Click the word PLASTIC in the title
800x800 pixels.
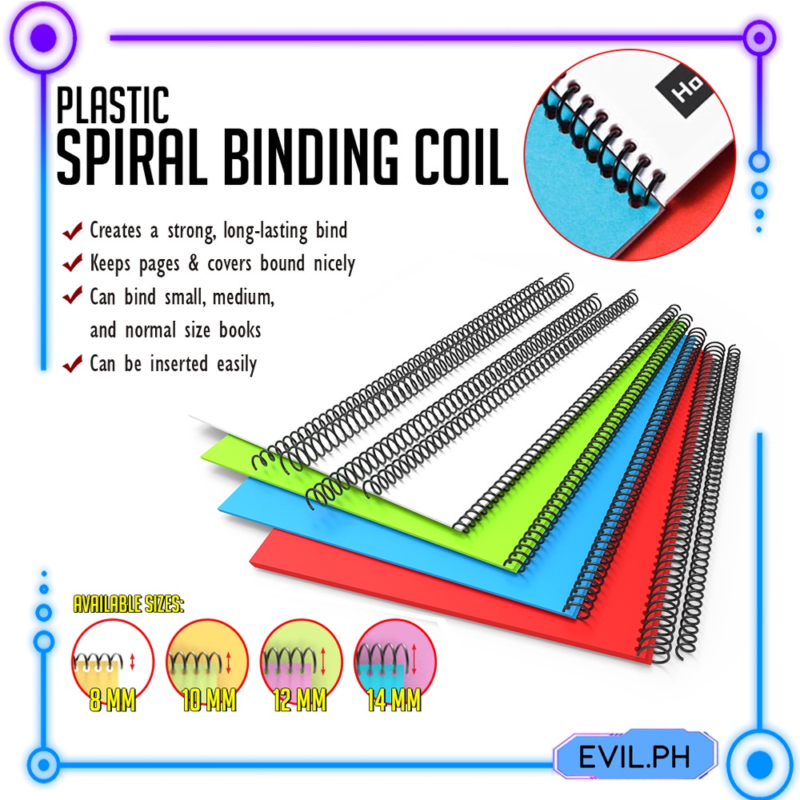[x=112, y=105]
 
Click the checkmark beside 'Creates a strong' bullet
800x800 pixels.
[x=73, y=232]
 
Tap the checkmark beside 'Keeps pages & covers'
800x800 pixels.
[x=73, y=263]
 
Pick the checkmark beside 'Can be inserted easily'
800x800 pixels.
[x=73, y=365]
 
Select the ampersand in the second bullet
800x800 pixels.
[x=198, y=263]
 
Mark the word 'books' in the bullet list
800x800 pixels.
[x=236, y=330]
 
